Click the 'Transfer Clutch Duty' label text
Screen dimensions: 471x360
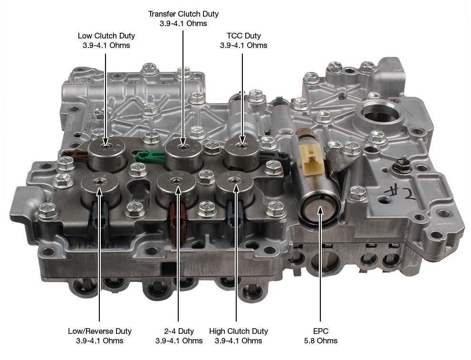pos(183,14)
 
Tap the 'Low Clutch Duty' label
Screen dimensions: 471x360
pos(106,36)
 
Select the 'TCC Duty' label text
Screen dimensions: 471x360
pos(244,36)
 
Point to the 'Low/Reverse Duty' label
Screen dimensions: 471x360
pos(100,331)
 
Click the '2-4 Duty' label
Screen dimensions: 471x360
pos(179,331)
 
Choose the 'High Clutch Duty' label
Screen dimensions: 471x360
pos(239,331)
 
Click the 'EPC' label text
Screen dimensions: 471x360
pos(320,331)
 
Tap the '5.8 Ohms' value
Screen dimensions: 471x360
pos(320,341)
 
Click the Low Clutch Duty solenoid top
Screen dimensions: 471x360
pos(106,147)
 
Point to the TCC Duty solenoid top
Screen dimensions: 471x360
pos(242,148)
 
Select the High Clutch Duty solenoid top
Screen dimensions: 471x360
pos(235,181)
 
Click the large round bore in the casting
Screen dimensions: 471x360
pos(380,112)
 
